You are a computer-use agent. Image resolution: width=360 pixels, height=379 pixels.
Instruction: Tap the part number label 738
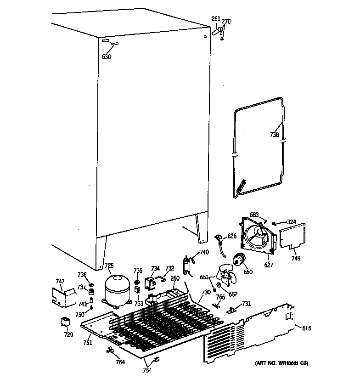[x=274, y=135]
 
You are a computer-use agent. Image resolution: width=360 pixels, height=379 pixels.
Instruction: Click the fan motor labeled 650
[x=239, y=260]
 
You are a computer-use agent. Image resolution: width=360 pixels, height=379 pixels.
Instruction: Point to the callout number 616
[x=307, y=328]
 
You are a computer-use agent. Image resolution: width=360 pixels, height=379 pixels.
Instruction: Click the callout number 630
[x=107, y=57]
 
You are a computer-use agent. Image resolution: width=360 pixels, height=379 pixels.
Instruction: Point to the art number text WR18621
[x=285, y=363]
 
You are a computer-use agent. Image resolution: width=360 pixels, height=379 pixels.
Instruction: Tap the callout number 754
[x=146, y=371]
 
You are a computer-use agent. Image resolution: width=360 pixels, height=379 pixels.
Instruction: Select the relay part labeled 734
[x=150, y=284]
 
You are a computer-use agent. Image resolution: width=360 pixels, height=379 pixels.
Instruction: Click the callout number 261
[x=216, y=19]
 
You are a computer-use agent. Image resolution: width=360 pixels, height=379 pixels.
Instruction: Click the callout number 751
[x=88, y=343]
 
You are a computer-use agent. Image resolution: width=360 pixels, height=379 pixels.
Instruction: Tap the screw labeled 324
[x=274, y=223]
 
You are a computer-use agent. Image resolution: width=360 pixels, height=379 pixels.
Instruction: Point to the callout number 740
[x=204, y=252]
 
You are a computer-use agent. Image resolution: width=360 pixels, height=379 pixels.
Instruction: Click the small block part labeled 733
[x=137, y=290]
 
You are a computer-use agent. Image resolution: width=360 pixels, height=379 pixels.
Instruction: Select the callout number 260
[x=175, y=278]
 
